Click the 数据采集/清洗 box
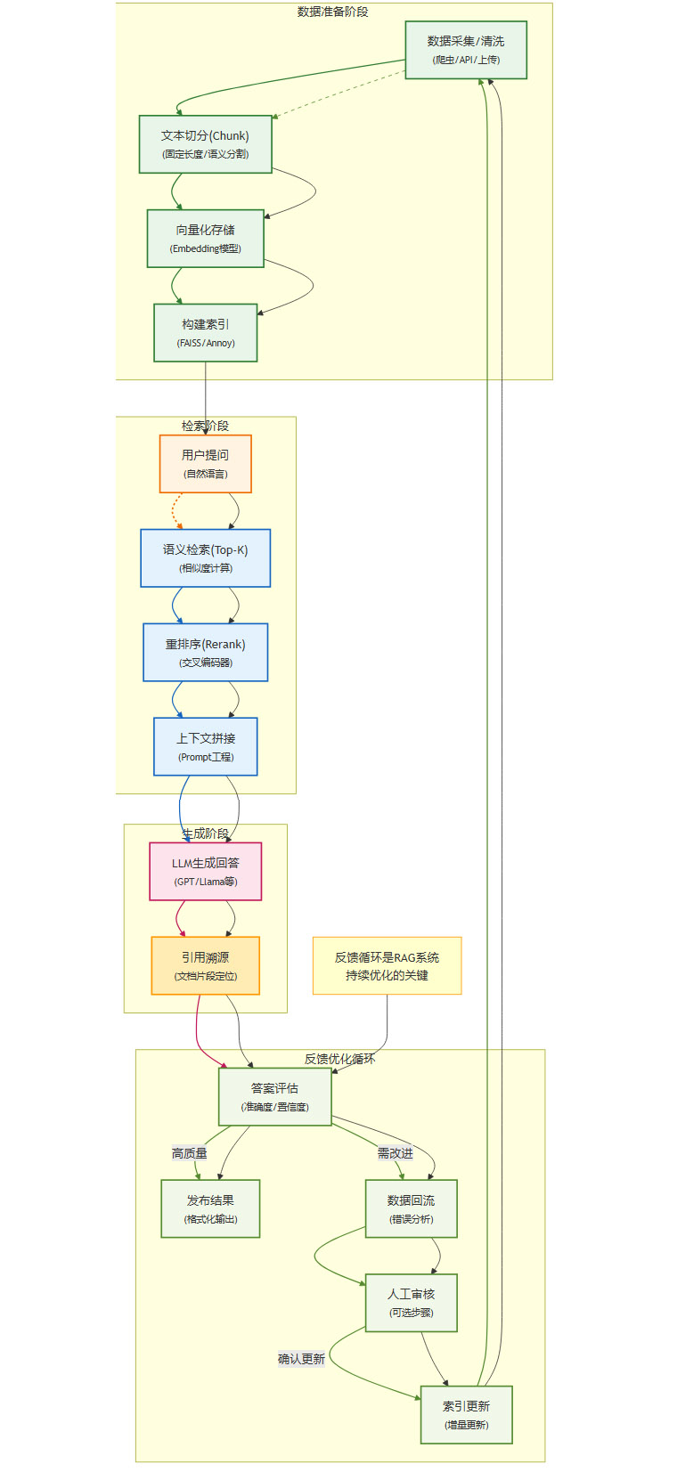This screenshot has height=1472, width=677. (x=466, y=50)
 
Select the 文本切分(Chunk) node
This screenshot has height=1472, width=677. (x=205, y=144)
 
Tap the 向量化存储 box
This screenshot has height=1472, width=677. (x=205, y=239)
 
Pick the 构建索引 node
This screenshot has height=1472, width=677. (x=205, y=333)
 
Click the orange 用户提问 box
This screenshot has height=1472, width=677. (x=205, y=464)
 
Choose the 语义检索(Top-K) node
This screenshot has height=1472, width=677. (x=205, y=558)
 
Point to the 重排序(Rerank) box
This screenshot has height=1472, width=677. (x=205, y=653)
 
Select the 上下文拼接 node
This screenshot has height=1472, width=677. (x=205, y=747)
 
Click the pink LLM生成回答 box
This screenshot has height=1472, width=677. (x=205, y=872)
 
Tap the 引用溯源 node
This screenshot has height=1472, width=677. (x=205, y=966)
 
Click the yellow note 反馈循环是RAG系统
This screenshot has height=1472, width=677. (x=387, y=966)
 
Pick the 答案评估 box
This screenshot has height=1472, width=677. (x=274, y=1097)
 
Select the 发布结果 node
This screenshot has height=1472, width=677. (x=210, y=1209)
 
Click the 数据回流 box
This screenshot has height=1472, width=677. (x=411, y=1209)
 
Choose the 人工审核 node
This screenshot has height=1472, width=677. (x=411, y=1303)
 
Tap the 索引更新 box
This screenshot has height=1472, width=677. (x=466, y=1415)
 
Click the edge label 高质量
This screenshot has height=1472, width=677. (x=189, y=1153)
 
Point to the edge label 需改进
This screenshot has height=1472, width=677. (x=395, y=1153)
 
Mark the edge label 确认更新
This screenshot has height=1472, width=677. (x=301, y=1359)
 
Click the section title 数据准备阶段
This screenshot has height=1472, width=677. (x=332, y=12)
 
